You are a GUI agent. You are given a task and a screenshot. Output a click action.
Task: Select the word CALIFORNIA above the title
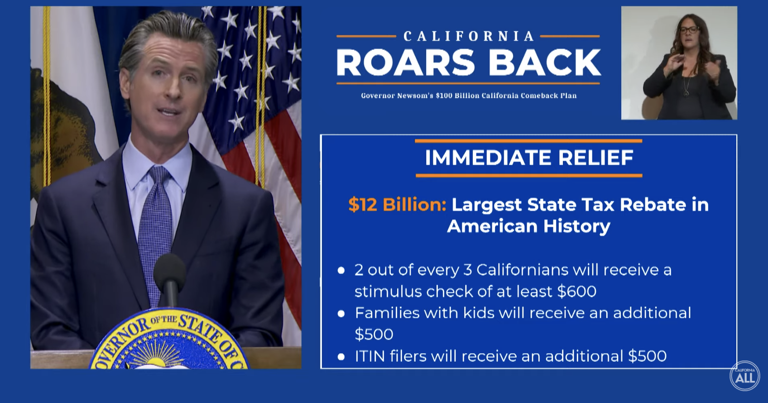(x=469, y=36)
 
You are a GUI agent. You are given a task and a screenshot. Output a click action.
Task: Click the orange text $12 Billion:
(x=398, y=205)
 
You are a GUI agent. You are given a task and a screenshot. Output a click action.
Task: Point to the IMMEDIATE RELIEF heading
(x=529, y=158)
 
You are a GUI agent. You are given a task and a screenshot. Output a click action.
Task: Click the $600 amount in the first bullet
(x=577, y=292)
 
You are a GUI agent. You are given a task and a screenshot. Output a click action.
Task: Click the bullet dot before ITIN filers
(x=341, y=357)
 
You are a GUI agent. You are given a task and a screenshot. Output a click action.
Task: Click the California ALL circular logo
(x=745, y=375)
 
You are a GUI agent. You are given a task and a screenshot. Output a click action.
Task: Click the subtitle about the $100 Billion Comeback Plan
(x=469, y=96)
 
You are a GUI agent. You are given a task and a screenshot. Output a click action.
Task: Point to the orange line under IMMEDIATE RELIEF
(x=529, y=176)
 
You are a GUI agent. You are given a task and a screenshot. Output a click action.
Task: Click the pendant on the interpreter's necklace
(x=686, y=93)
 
